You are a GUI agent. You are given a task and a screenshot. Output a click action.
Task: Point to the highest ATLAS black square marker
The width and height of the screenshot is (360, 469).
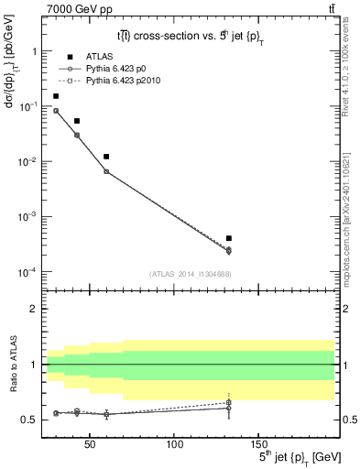(56, 95)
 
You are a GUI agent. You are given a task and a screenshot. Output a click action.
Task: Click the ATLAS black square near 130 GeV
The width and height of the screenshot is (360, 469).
(228, 238)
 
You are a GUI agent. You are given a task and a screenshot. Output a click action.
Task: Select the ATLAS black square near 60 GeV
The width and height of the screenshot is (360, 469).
(106, 157)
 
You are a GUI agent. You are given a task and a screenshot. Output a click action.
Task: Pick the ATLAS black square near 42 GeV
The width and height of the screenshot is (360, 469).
(77, 121)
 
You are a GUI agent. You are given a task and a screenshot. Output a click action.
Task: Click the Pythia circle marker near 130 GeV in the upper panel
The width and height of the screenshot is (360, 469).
(228, 250)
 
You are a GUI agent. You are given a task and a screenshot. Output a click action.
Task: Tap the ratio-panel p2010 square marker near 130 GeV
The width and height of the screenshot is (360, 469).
(228, 402)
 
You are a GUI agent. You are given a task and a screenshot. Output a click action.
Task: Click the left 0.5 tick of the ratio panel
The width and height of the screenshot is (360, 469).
(31, 420)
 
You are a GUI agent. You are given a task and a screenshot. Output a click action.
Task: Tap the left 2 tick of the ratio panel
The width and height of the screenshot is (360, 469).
(34, 309)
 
